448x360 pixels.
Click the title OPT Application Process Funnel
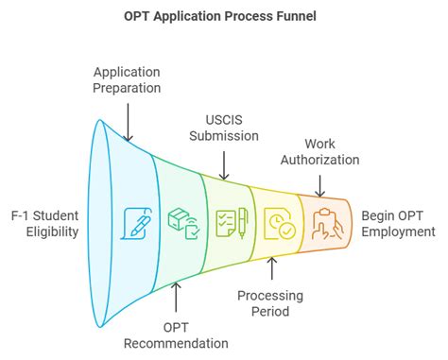pyautogui.click(x=224, y=16)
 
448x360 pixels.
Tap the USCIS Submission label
pyautogui.click(x=224, y=127)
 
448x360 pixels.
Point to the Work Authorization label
pyautogui.click(x=319, y=151)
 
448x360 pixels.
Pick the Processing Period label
pyautogui.click(x=273, y=302)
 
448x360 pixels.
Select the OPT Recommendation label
pyautogui.click(x=176, y=334)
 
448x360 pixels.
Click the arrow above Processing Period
pyautogui.click(x=273, y=269)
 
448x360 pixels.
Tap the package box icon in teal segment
pyautogui.click(x=181, y=223)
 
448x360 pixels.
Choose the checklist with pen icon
pyautogui.click(x=230, y=223)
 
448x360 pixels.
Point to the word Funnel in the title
pyautogui.click(x=295, y=16)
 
